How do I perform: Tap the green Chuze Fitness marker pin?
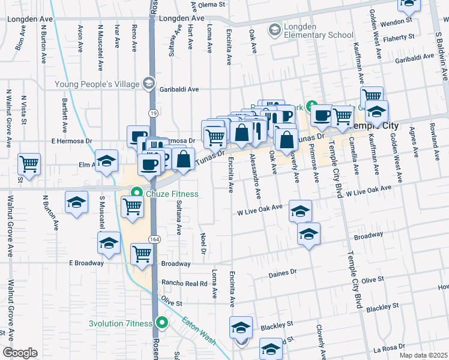coord(137,193)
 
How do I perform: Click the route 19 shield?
coord(154,113)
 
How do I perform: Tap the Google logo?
coord(20,353)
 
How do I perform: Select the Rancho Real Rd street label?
coord(183,283)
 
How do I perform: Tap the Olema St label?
coord(211,4)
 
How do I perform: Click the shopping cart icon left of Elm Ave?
coord(29,163)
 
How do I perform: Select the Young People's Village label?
coord(97,84)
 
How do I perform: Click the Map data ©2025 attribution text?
coord(423,355)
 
